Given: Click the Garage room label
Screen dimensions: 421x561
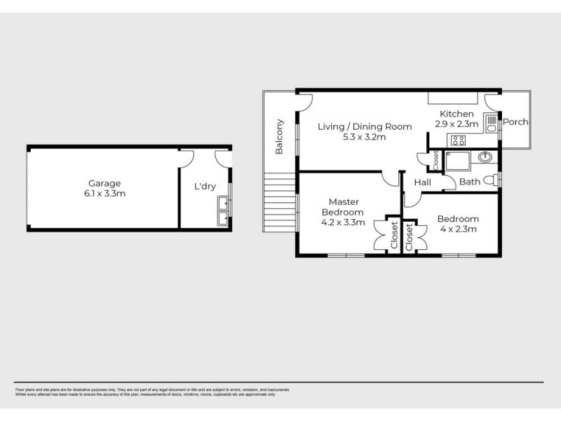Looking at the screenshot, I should click(x=104, y=182).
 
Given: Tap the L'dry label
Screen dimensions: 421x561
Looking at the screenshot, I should click(x=205, y=187).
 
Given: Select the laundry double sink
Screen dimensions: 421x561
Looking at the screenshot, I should click(x=223, y=210).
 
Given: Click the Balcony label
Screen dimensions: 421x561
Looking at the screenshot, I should click(x=279, y=137).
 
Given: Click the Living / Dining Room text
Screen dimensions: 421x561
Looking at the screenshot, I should click(x=364, y=126).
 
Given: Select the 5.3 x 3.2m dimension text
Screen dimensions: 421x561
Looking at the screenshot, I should click(x=364, y=137).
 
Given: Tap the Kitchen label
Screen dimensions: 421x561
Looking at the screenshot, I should click(x=457, y=114).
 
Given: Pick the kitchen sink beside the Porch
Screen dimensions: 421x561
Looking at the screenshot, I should click(x=492, y=125).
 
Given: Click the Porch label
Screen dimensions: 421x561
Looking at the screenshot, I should click(x=516, y=121).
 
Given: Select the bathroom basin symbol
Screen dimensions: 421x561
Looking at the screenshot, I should click(x=486, y=156).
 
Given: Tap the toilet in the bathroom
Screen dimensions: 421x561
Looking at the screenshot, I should click(x=496, y=178).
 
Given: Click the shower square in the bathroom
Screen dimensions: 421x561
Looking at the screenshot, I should click(x=454, y=162).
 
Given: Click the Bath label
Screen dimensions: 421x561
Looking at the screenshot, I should click(x=469, y=182).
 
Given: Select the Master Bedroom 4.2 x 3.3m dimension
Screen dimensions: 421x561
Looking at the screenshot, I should click(x=342, y=222).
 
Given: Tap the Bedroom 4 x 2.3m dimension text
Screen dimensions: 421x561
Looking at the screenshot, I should click(x=458, y=229).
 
